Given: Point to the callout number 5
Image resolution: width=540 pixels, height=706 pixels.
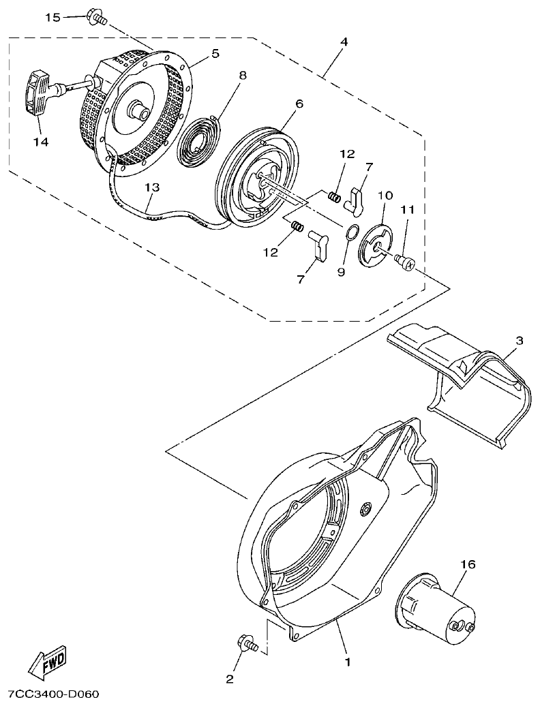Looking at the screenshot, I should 215,53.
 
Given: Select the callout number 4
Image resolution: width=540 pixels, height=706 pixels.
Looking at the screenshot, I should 344,42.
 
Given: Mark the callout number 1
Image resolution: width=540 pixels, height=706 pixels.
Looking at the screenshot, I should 347,660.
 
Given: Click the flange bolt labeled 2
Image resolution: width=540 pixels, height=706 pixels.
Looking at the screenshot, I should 246,642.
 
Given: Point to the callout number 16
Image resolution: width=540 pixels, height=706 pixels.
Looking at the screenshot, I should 468,564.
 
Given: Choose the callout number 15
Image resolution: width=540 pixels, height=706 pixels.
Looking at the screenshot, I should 53,17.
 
